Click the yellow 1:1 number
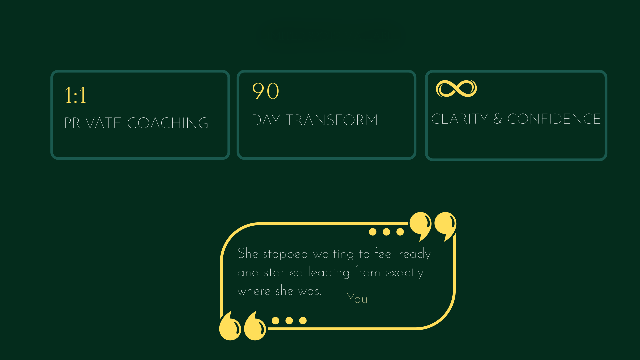tap(75, 95)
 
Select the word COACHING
tap(168, 123)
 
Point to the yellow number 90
tap(266, 91)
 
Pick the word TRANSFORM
tap(332, 120)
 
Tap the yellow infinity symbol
tap(456, 89)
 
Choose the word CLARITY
tap(460, 119)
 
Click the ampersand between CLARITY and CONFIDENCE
tap(498, 119)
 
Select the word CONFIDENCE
tap(554, 119)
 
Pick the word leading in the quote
tap(329, 273)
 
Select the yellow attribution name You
tap(357, 298)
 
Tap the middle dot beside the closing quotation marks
tap(386, 232)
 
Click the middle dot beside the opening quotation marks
tap(289, 321)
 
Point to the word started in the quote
tap(283, 273)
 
